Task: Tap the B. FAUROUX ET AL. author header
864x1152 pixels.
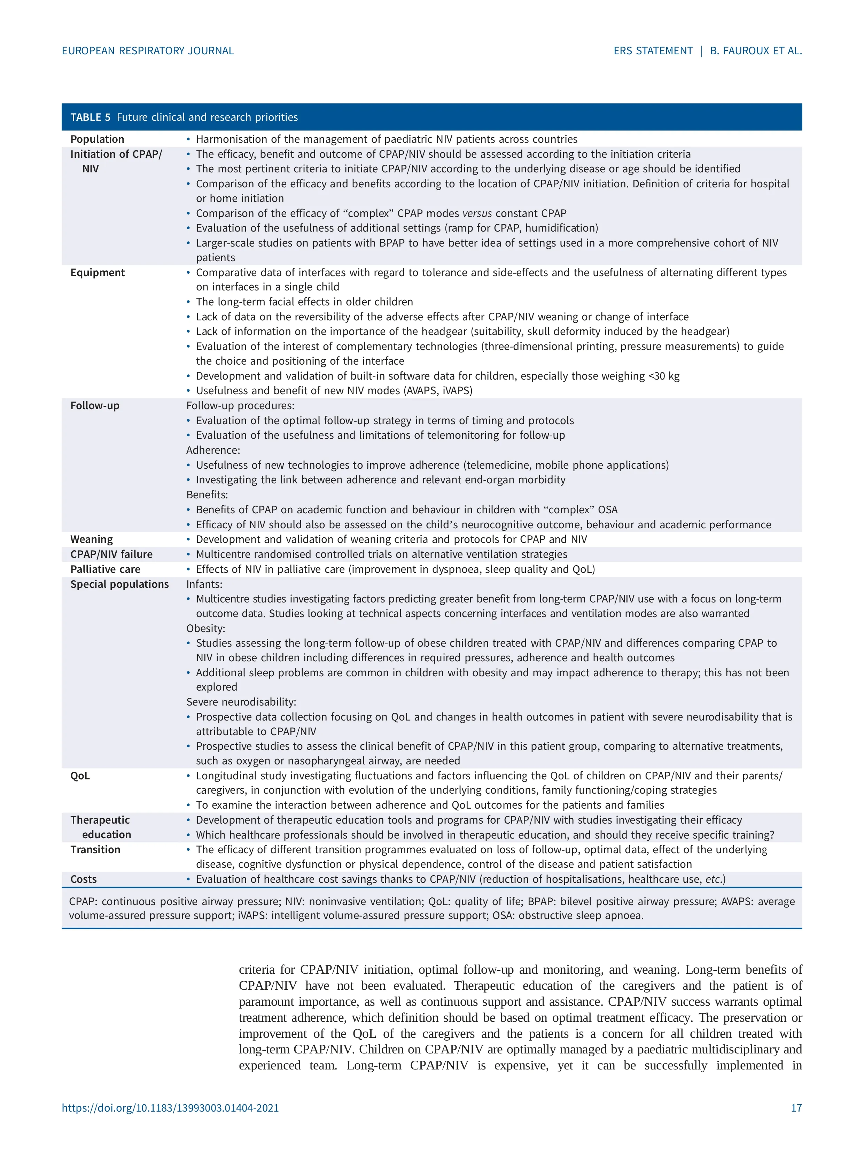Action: [756, 51]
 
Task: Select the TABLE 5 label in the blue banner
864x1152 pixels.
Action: [90, 117]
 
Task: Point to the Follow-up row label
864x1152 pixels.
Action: [95, 406]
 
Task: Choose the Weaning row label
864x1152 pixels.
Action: [92, 539]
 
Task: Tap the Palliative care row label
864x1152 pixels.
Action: [105, 569]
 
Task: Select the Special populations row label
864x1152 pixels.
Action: [119, 584]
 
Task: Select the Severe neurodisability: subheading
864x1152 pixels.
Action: [241, 702]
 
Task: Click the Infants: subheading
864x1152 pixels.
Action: [204, 584]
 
